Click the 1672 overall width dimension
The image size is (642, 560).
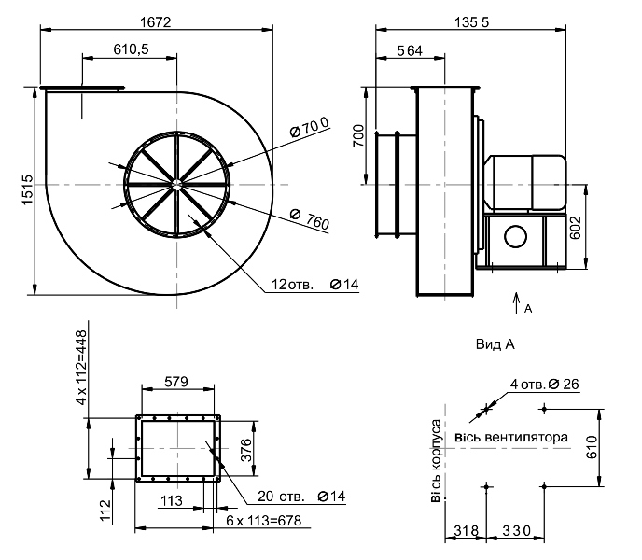156,21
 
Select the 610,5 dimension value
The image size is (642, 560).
131,49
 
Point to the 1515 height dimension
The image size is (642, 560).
27,189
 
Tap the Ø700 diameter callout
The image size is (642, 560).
309,127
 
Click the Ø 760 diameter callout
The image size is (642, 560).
310,218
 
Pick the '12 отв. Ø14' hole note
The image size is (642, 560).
315,285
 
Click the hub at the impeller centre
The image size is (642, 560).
177,185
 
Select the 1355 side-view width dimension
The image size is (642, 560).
471,22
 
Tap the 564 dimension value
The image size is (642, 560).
410,50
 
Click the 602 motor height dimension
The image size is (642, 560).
575,228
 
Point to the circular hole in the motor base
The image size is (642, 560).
515,236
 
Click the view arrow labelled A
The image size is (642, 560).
517,302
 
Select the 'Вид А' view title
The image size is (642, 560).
495,344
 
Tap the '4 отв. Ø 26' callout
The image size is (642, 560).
545,385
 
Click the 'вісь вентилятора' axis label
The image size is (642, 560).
511,438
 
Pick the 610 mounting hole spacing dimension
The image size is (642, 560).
592,447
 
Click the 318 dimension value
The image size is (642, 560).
466,531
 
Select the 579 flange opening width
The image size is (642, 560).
176,382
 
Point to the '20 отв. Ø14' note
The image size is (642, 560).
301,497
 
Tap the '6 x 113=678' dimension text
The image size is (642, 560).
264,521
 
